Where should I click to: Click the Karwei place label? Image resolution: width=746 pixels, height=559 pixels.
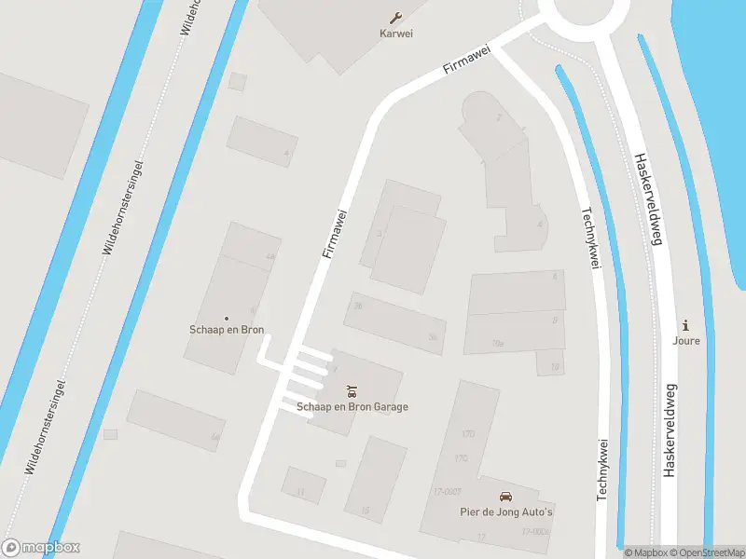tap(396, 34)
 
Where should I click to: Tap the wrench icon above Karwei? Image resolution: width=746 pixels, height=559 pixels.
tap(396, 18)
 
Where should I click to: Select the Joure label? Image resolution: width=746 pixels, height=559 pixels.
tap(686, 340)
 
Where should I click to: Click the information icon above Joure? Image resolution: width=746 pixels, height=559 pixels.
tap(686, 325)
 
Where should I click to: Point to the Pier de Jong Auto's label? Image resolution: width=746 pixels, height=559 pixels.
tap(506, 511)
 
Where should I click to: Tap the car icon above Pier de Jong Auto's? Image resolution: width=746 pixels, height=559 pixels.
tap(506, 497)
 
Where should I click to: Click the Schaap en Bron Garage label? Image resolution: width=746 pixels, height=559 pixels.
tap(352, 406)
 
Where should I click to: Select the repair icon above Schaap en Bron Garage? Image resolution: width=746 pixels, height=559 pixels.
tap(352, 389)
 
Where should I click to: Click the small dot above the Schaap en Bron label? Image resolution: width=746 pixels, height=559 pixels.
tap(227, 318)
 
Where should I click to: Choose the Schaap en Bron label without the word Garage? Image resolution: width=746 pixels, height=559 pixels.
tap(227, 330)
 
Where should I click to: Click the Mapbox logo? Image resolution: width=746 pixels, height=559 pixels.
tap(41, 548)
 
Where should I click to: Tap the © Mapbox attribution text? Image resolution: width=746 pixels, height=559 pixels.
tap(647, 552)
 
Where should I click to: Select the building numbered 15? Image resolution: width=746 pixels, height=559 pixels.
tap(375, 479)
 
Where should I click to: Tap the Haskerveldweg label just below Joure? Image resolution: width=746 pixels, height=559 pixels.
tap(669, 430)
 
